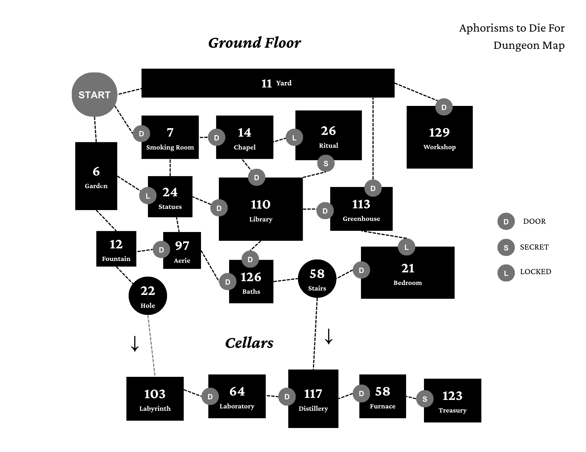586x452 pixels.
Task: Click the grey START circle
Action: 94,94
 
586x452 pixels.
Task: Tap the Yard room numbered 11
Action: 268,83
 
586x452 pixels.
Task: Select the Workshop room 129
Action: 439,137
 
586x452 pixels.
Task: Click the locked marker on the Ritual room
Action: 294,137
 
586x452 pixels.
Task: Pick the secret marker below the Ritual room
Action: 326,163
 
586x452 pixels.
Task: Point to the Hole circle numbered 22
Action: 148,296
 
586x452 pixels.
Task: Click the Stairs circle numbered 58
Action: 317,279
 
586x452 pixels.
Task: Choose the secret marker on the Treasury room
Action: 425,399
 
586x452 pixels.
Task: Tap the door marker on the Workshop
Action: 444,107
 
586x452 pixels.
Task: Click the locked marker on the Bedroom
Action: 406,247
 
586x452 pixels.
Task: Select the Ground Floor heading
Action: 254,43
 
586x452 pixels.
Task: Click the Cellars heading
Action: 249,343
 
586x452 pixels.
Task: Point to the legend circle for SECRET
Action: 506,248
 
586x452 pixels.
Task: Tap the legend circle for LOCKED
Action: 506,273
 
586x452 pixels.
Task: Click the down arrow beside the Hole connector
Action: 135,344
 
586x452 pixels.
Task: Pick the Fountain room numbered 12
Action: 116,249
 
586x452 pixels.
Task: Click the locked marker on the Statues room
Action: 148,195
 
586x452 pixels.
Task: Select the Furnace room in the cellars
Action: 383,396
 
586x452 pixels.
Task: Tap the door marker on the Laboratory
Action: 210,396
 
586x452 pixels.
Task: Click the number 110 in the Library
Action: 260,204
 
